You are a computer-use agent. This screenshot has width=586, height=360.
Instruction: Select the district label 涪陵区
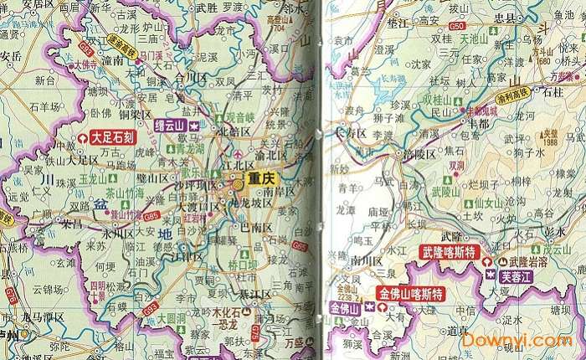(418, 154)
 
